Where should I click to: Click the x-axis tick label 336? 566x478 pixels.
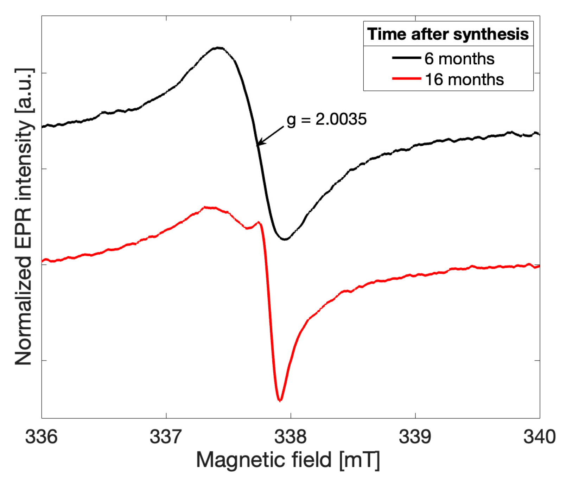41,437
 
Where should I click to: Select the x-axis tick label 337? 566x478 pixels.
166,437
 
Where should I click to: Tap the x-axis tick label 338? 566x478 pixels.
291,437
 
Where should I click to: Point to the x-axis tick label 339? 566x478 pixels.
415,437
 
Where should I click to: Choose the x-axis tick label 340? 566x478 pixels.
539,437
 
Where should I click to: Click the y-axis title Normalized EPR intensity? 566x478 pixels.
24,216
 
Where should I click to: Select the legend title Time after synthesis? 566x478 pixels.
448,34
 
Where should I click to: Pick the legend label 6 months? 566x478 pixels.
459,59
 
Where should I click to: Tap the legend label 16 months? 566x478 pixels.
464,79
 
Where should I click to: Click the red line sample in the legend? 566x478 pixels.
406,78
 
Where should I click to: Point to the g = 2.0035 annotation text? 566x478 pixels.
327,119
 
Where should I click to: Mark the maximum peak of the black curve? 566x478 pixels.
219,47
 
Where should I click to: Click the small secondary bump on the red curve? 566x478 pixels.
259,222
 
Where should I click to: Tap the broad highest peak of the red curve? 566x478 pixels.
208,208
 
